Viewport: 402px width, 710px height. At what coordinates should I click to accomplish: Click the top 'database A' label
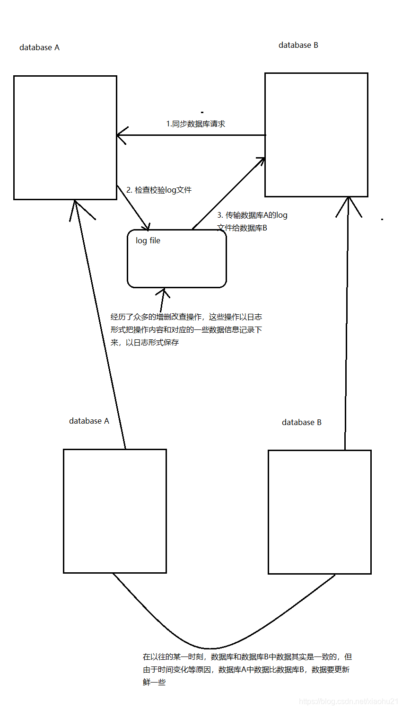click(39, 47)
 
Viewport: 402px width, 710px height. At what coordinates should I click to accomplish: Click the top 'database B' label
click(298, 45)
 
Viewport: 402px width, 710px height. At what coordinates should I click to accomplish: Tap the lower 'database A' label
click(89, 421)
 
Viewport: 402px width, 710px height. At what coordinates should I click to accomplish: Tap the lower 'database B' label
click(301, 422)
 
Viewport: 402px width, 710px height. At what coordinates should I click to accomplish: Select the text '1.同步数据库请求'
click(195, 124)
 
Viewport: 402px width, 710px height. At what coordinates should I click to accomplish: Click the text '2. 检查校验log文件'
click(159, 190)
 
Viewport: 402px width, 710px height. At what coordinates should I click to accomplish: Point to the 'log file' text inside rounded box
click(148, 240)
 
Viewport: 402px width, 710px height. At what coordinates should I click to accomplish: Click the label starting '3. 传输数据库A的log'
click(252, 215)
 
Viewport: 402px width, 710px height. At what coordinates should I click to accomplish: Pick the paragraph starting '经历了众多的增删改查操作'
click(186, 329)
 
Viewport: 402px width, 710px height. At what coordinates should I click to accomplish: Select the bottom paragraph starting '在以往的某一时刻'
click(247, 669)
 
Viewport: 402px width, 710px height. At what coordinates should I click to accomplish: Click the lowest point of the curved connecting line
click(210, 648)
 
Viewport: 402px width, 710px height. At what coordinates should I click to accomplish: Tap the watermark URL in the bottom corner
click(349, 701)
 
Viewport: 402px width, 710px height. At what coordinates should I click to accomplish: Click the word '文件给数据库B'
click(242, 228)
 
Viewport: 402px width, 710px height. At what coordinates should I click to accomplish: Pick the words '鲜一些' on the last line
click(154, 683)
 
